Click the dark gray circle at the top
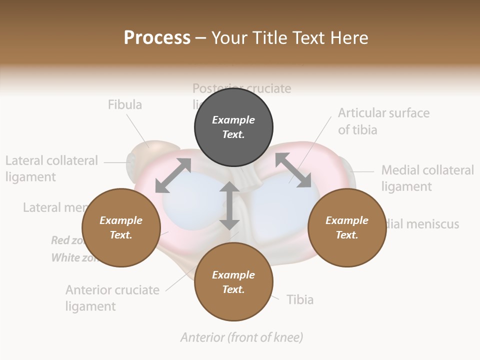click(x=233, y=127)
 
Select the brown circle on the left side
click(x=121, y=227)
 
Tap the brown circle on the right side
click(x=347, y=227)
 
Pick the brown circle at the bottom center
click(x=233, y=281)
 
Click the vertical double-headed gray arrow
click(x=229, y=205)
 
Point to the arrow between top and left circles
click(x=173, y=175)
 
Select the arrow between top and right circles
click(x=293, y=170)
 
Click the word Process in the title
click(x=157, y=37)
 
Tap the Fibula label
click(x=125, y=104)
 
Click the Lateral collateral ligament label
click(x=51, y=168)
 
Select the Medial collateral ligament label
click(x=427, y=178)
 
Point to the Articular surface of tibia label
click(x=383, y=121)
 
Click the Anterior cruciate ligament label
click(x=112, y=298)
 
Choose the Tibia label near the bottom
click(x=300, y=299)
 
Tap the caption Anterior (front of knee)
click(x=241, y=337)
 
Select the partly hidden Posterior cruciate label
click(x=241, y=89)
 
